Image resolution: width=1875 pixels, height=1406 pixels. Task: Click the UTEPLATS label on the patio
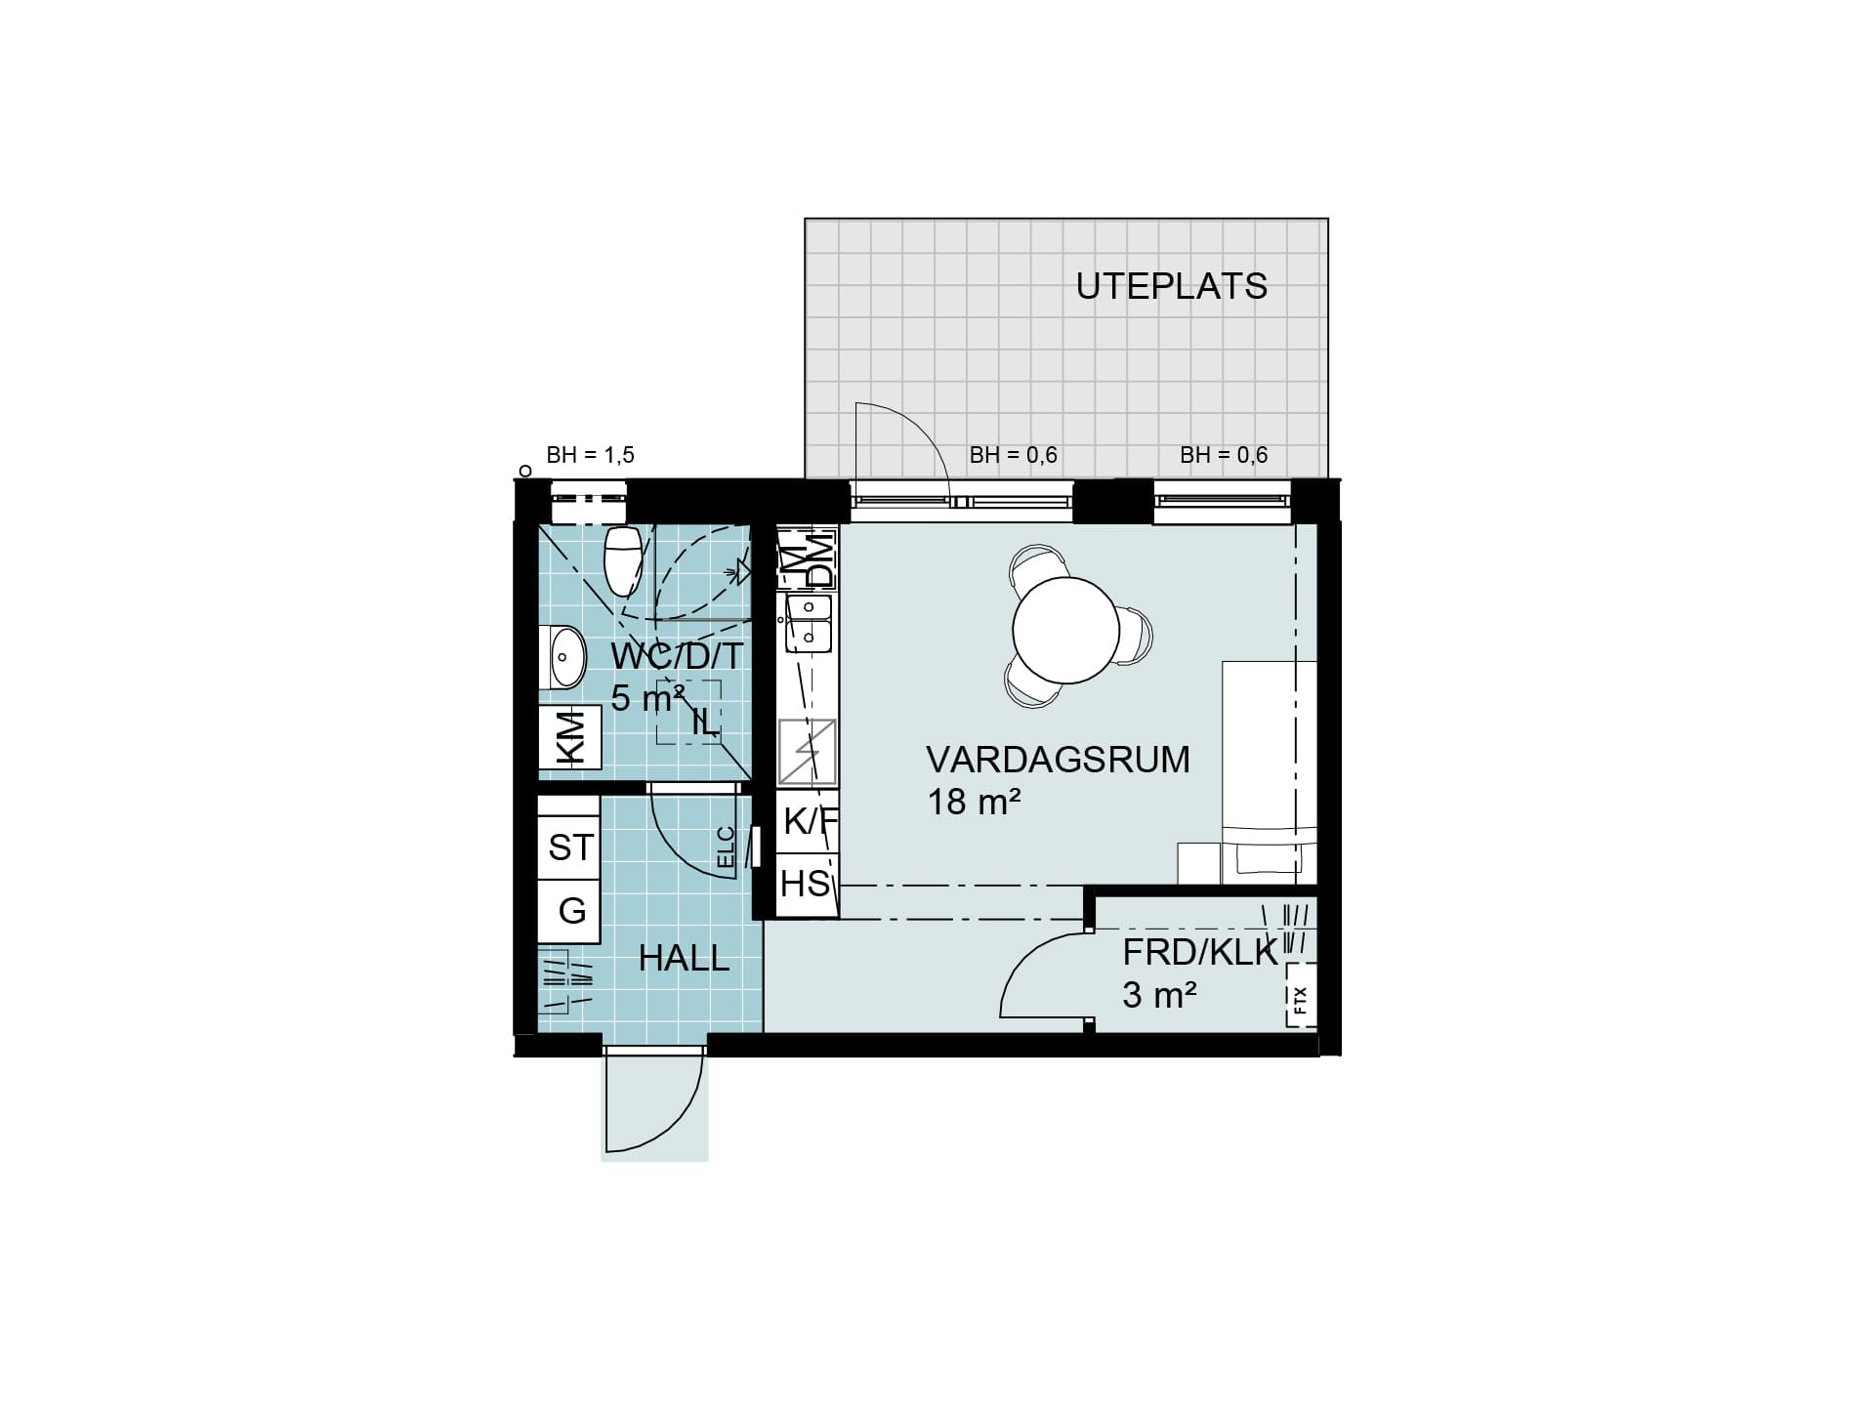pyautogui.click(x=1171, y=286)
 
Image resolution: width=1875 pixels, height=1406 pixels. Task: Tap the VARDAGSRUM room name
pyautogui.click(x=1058, y=760)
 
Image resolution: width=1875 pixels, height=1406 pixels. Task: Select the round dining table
pyautogui.click(x=1065, y=630)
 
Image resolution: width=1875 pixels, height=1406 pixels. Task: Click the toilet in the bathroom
pyautogui.click(x=622, y=560)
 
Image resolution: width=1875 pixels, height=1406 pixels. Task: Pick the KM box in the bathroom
pyautogui.click(x=569, y=737)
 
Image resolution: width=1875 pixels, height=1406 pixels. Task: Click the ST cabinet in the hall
pyautogui.click(x=569, y=847)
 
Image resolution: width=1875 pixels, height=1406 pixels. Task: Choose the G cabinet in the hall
pyautogui.click(x=569, y=911)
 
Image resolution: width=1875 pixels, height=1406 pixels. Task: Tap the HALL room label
pyautogui.click(x=684, y=959)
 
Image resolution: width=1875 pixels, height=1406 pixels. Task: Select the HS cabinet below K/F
pyautogui.click(x=807, y=885)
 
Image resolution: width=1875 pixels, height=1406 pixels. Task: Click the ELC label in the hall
pyautogui.click(x=726, y=848)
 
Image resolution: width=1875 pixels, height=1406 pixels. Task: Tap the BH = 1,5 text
pyautogui.click(x=590, y=455)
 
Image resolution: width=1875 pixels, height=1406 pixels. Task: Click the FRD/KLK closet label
pyautogui.click(x=1200, y=952)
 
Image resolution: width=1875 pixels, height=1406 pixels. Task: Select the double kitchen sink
pyautogui.click(x=809, y=623)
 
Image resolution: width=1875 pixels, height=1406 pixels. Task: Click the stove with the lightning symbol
pyautogui.click(x=807, y=752)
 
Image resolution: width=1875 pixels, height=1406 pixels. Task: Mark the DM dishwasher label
pyautogui.click(x=822, y=560)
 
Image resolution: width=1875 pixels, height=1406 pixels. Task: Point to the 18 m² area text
pyautogui.click(x=974, y=802)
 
